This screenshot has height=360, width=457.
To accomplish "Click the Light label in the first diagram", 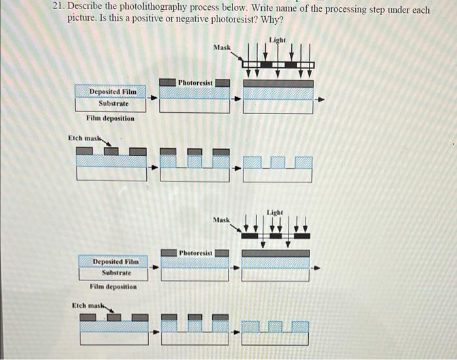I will [277, 40].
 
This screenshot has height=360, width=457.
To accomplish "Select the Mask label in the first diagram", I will [222, 48].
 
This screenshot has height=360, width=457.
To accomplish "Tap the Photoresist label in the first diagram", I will [196, 83].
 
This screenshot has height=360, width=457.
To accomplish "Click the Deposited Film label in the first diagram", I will [109, 92].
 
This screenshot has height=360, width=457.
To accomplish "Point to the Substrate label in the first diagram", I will [113, 104].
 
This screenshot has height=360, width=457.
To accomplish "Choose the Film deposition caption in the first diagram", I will [110, 118].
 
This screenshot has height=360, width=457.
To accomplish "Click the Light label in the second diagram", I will [275, 212].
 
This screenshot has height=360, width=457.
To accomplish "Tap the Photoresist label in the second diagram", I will [197, 252].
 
